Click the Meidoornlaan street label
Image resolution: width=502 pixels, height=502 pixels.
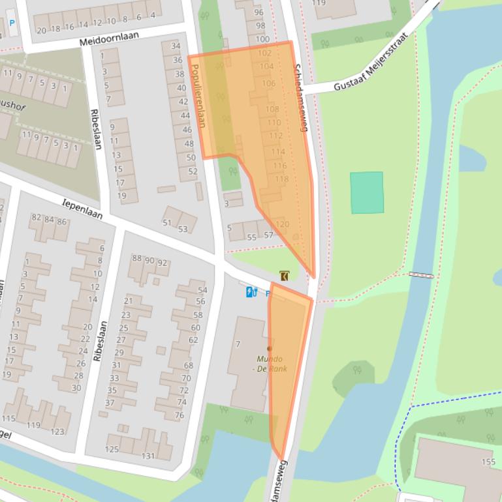pos(110,38)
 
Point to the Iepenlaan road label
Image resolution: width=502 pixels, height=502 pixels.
pos(82,209)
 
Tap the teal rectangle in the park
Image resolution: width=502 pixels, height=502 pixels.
pos(367,192)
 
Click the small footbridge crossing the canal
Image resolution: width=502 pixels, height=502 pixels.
pos(421,275)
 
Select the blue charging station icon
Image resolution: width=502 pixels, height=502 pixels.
pos(251,292)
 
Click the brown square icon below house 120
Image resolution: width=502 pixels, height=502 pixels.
pos(285,276)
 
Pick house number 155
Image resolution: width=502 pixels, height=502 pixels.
pos(488,462)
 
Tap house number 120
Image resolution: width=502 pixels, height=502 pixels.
pos(282,224)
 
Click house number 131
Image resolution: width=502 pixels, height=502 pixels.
pos(148,456)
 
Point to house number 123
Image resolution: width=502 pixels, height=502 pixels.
pos(57,431)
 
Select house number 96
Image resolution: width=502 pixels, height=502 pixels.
pos(259,12)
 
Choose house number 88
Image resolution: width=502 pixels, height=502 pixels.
pos(137,259)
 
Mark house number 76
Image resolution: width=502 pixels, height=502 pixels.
pos(180,415)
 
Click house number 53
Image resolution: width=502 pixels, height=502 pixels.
pos(183,229)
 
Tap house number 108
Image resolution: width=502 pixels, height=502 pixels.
pos(272,110)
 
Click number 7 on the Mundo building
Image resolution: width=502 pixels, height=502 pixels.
pos(238,344)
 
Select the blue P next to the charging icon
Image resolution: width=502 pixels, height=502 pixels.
pos(268,294)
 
